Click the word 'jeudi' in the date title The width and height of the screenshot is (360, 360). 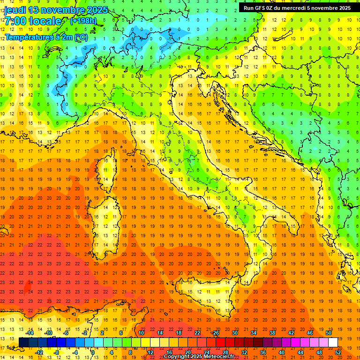pos(15,10)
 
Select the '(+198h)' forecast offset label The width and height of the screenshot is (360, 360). pos(83,21)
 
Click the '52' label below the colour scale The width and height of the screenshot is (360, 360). pos(338,352)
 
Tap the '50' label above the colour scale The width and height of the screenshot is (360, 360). pos(329,333)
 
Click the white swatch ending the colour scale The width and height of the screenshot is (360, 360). pos(333,343)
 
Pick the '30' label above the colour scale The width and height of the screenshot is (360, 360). pos(235,333)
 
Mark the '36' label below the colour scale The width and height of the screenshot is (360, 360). pos(263,352)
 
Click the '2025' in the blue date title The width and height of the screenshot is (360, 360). pos(97,10)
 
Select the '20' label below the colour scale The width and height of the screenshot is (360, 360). pos(188,352)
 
